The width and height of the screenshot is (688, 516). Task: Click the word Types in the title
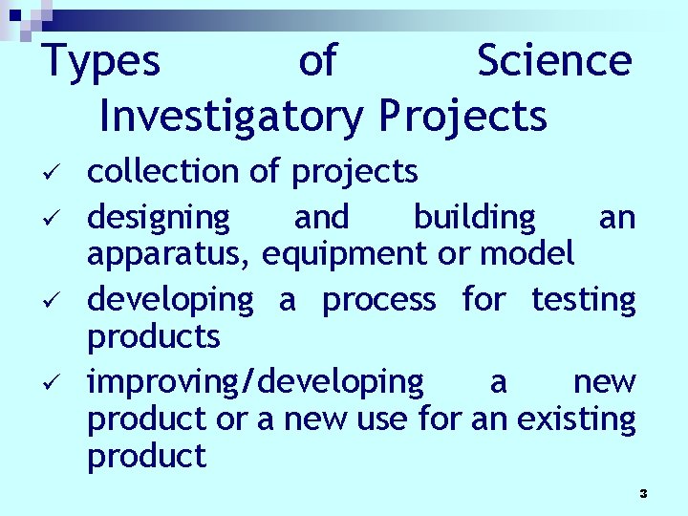(x=102, y=62)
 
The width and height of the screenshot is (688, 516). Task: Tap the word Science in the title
(x=554, y=60)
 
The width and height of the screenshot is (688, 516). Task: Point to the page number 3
(x=643, y=493)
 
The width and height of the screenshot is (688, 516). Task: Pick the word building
(x=475, y=219)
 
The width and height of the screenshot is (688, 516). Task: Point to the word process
(x=378, y=301)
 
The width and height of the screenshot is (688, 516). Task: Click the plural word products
(x=154, y=337)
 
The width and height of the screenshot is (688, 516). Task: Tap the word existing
(x=576, y=419)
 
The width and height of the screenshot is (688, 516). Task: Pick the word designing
(x=159, y=219)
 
